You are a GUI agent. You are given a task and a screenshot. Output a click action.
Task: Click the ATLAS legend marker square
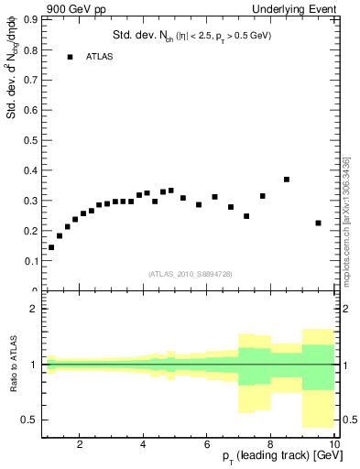(70, 57)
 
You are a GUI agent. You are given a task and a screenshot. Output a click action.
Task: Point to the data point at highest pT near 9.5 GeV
(318, 223)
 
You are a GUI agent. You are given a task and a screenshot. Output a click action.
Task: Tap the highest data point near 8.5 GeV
(287, 180)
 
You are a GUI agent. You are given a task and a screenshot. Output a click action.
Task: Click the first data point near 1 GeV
(51, 247)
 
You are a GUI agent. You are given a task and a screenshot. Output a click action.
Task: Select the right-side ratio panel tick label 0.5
(348, 420)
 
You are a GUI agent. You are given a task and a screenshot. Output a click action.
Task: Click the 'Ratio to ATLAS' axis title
(12, 364)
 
